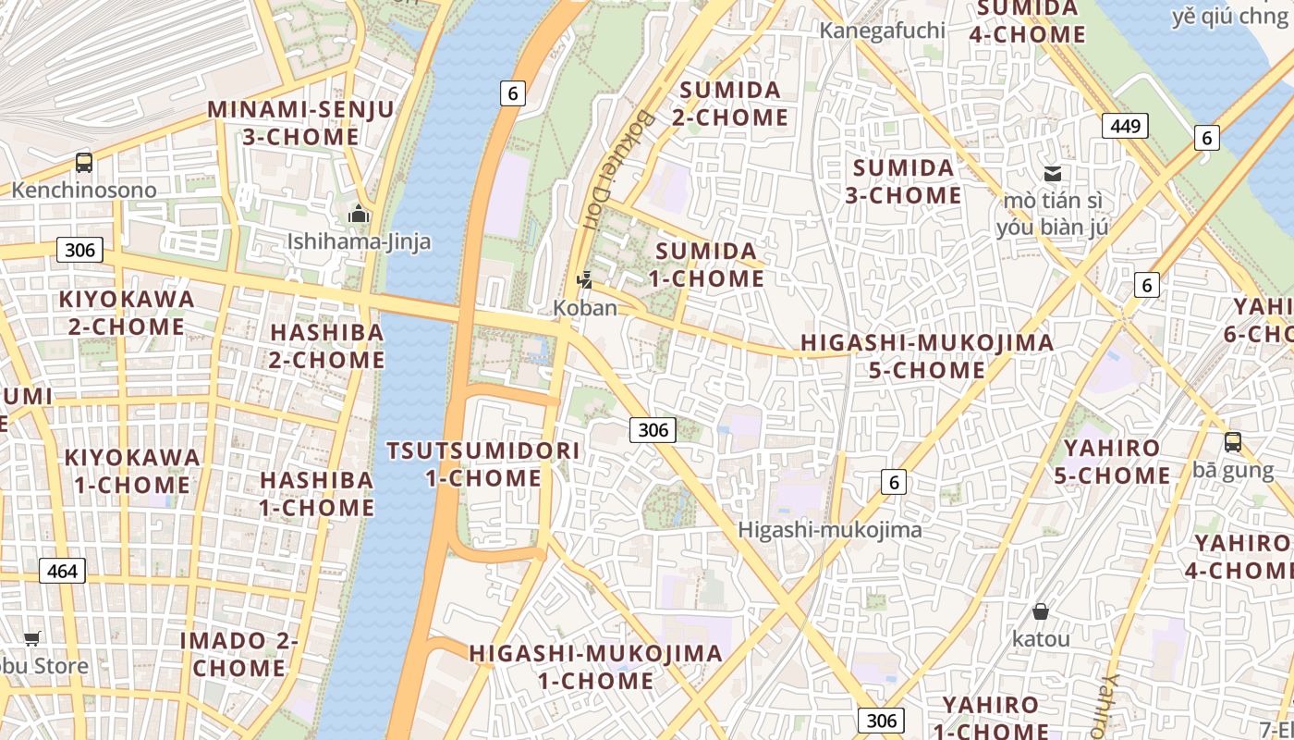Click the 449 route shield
click(x=1125, y=125)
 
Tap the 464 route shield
click(x=62, y=571)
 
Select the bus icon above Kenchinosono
click(x=84, y=163)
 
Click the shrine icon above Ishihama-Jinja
click(x=359, y=215)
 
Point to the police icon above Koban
click(x=584, y=279)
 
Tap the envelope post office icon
click(x=1053, y=173)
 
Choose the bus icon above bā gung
click(x=1233, y=442)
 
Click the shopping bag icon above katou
click(x=1041, y=611)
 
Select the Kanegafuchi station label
click(x=883, y=31)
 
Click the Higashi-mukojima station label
click(x=830, y=530)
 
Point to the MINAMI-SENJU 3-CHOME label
click(x=300, y=123)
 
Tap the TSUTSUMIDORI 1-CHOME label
click(x=483, y=464)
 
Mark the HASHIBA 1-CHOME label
click(x=317, y=494)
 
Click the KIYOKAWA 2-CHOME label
click(x=127, y=313)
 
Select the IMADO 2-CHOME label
click(x=238, y=654)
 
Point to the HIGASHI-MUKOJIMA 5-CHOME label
click(x=927, y=356)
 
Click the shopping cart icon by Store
click(x=32, y=638)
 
